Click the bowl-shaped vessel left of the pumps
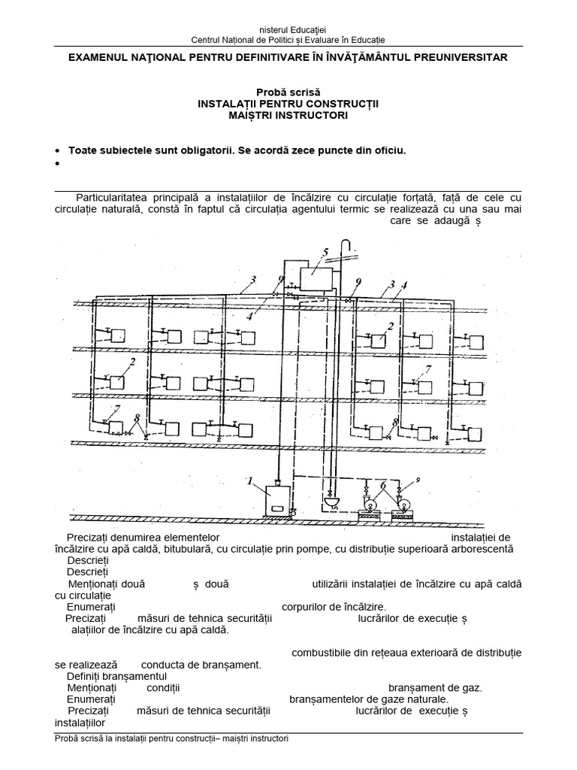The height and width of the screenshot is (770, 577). click(x=331, y=500)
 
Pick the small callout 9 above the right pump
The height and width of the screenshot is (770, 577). click(x=418, y=479)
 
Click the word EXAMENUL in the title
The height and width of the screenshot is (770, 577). click(x=100, y=57)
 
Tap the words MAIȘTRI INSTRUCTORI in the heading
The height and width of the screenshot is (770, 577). click(x=288, y=115)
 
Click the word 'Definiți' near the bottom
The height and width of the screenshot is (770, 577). click(x=89, y=676)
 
